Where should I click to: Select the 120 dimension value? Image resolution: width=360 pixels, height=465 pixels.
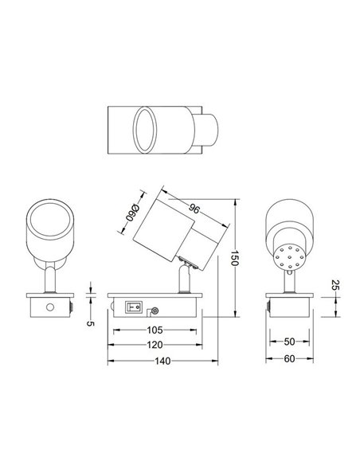click(x=155, y=345)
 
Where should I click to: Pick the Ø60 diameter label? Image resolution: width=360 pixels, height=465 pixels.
click(x=133, y=212)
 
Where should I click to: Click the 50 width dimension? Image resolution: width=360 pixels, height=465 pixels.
click(x=290, y=342)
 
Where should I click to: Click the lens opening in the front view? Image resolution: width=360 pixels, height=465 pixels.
click(x=52, y=221)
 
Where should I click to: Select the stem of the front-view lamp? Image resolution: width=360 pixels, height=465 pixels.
click(x=52, y=279)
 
